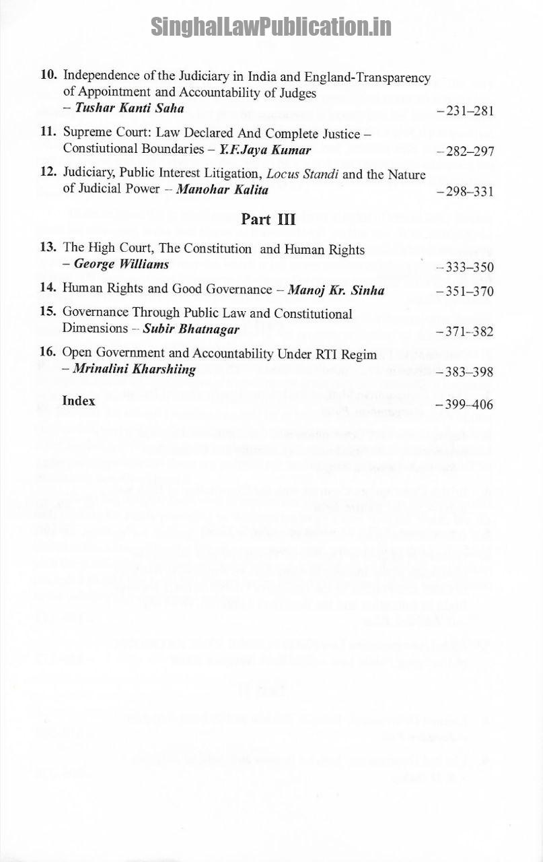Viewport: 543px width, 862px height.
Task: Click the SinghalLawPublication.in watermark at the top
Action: [x=270, y=26]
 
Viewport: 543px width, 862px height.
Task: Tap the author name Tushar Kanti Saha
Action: [x=129, y=108]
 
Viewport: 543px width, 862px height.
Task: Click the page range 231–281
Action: [x=465, y=111]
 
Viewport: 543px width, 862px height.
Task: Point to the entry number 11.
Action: [x=48, y=133]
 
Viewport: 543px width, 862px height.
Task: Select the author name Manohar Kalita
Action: [x=222, y=190]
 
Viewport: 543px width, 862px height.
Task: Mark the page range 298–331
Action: [x=465, y=192]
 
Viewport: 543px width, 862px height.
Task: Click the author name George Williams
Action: [x=122, y=264]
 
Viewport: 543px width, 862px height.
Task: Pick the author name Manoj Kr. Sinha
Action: [x=336, y=291]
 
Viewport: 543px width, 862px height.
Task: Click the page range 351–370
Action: [x=465, y=292]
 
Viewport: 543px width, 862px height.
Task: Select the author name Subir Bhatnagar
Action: [x=191, y=329]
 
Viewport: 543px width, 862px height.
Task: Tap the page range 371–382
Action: [x=465, y=332]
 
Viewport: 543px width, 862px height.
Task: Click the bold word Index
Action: [x=79, y=401]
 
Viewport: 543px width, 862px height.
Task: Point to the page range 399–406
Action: [x=465, y=405]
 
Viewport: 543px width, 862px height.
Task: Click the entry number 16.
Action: [x=47, y=352]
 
